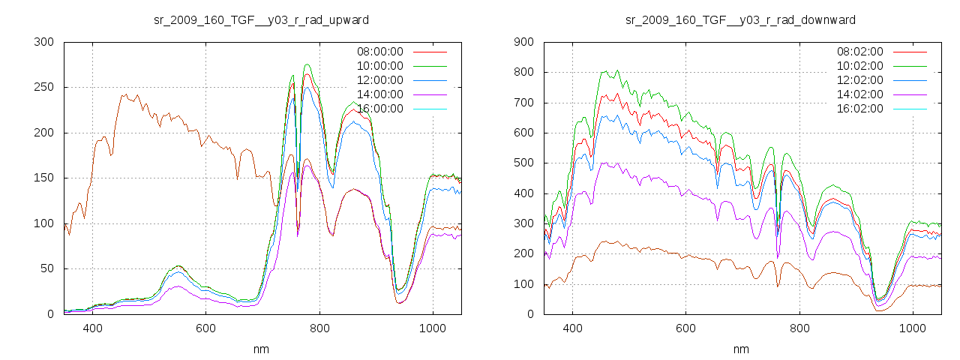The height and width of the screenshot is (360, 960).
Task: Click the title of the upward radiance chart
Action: point(262,19)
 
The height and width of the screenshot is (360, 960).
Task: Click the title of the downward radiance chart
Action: point(741,19)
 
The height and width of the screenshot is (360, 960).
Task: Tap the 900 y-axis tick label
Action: point(523,42)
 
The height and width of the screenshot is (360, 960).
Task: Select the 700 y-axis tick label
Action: point(523,103)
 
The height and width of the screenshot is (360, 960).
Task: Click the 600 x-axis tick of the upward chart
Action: point(205,328)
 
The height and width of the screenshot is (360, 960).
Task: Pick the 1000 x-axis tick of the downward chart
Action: point(912,328)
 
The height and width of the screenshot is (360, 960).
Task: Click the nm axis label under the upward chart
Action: point(262,349)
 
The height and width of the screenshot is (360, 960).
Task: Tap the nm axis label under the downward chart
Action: point(741,349)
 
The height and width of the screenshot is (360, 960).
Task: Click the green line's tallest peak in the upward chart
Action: point(307,64)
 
